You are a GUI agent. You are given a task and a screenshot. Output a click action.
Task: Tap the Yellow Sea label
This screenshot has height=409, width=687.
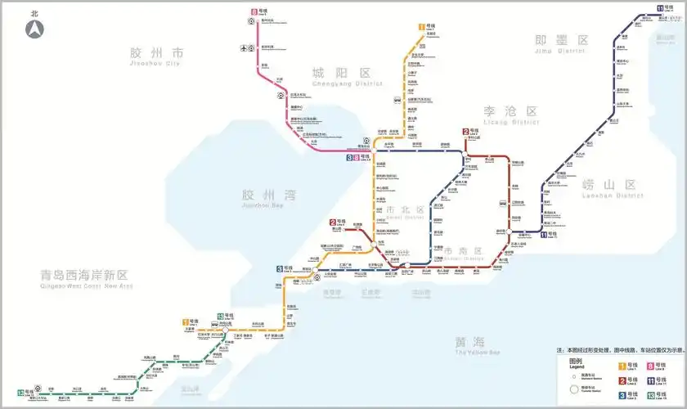[x=470, y=346]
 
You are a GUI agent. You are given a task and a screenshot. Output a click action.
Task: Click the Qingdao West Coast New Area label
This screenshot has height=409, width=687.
[x=86, y=280]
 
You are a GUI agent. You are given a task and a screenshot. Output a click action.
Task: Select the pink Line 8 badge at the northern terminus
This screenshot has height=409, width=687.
[x=254, y=12]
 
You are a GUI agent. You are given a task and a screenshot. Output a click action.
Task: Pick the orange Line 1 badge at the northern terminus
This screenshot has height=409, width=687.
[x=421, y=26]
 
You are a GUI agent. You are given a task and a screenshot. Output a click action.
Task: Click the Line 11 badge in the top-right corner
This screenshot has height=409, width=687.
[x=658, y=8]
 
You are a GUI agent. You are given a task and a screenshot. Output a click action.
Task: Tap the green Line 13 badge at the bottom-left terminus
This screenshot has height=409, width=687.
[x=20, y=393]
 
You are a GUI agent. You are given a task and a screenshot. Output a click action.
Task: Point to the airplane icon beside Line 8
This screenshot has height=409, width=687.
[x=244, y=47]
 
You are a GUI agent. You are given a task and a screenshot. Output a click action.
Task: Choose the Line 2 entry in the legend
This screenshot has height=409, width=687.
[x=626, y=380]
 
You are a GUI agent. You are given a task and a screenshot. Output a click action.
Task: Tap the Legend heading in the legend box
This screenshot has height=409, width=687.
[x=575, y=363]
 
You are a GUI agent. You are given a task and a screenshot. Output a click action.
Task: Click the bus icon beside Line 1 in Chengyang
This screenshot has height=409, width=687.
[x=397, y=101]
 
